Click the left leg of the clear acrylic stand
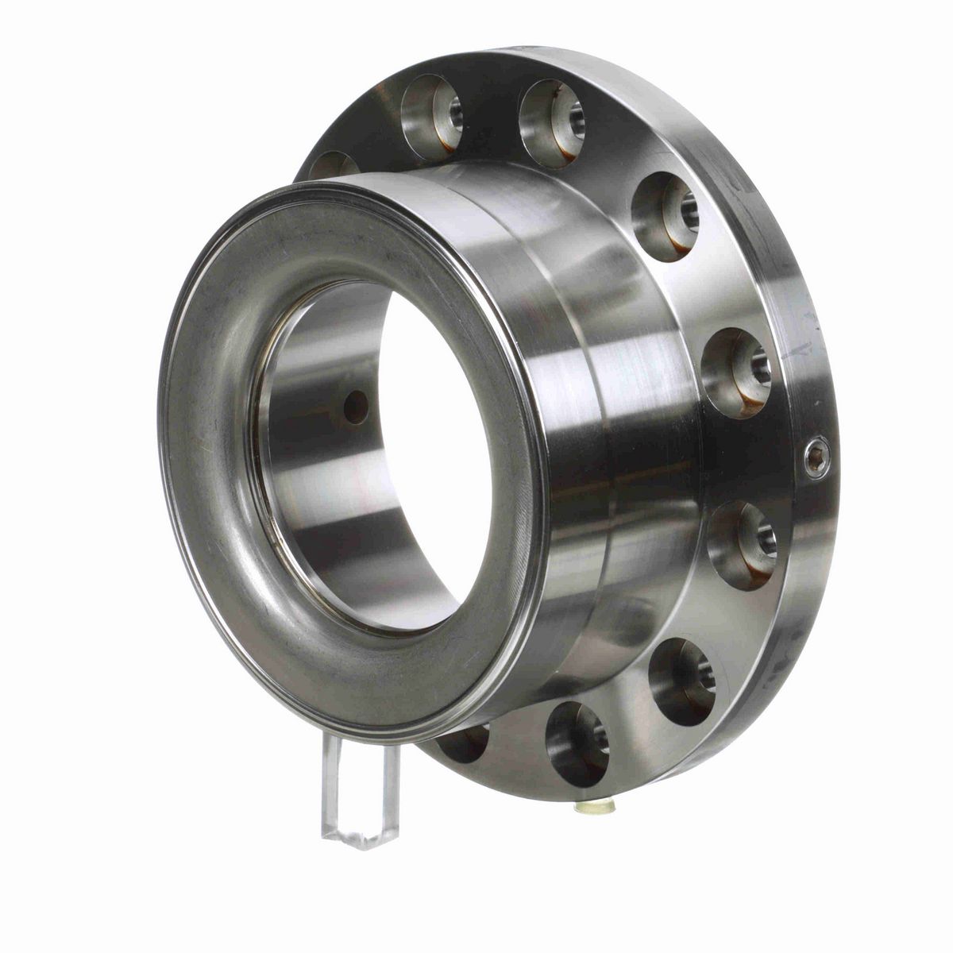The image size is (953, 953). click(x=333, y=786)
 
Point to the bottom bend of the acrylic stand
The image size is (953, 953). click(x=361, y=838)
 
